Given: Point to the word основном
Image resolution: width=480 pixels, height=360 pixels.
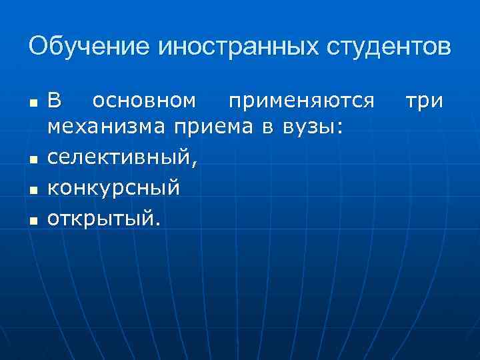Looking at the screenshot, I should point(145,101).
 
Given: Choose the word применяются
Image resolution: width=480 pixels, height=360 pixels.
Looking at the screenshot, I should point(301,101).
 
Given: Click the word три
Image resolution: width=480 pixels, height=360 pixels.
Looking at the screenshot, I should point(425,101).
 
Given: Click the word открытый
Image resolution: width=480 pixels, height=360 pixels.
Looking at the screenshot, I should point(101,219).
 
